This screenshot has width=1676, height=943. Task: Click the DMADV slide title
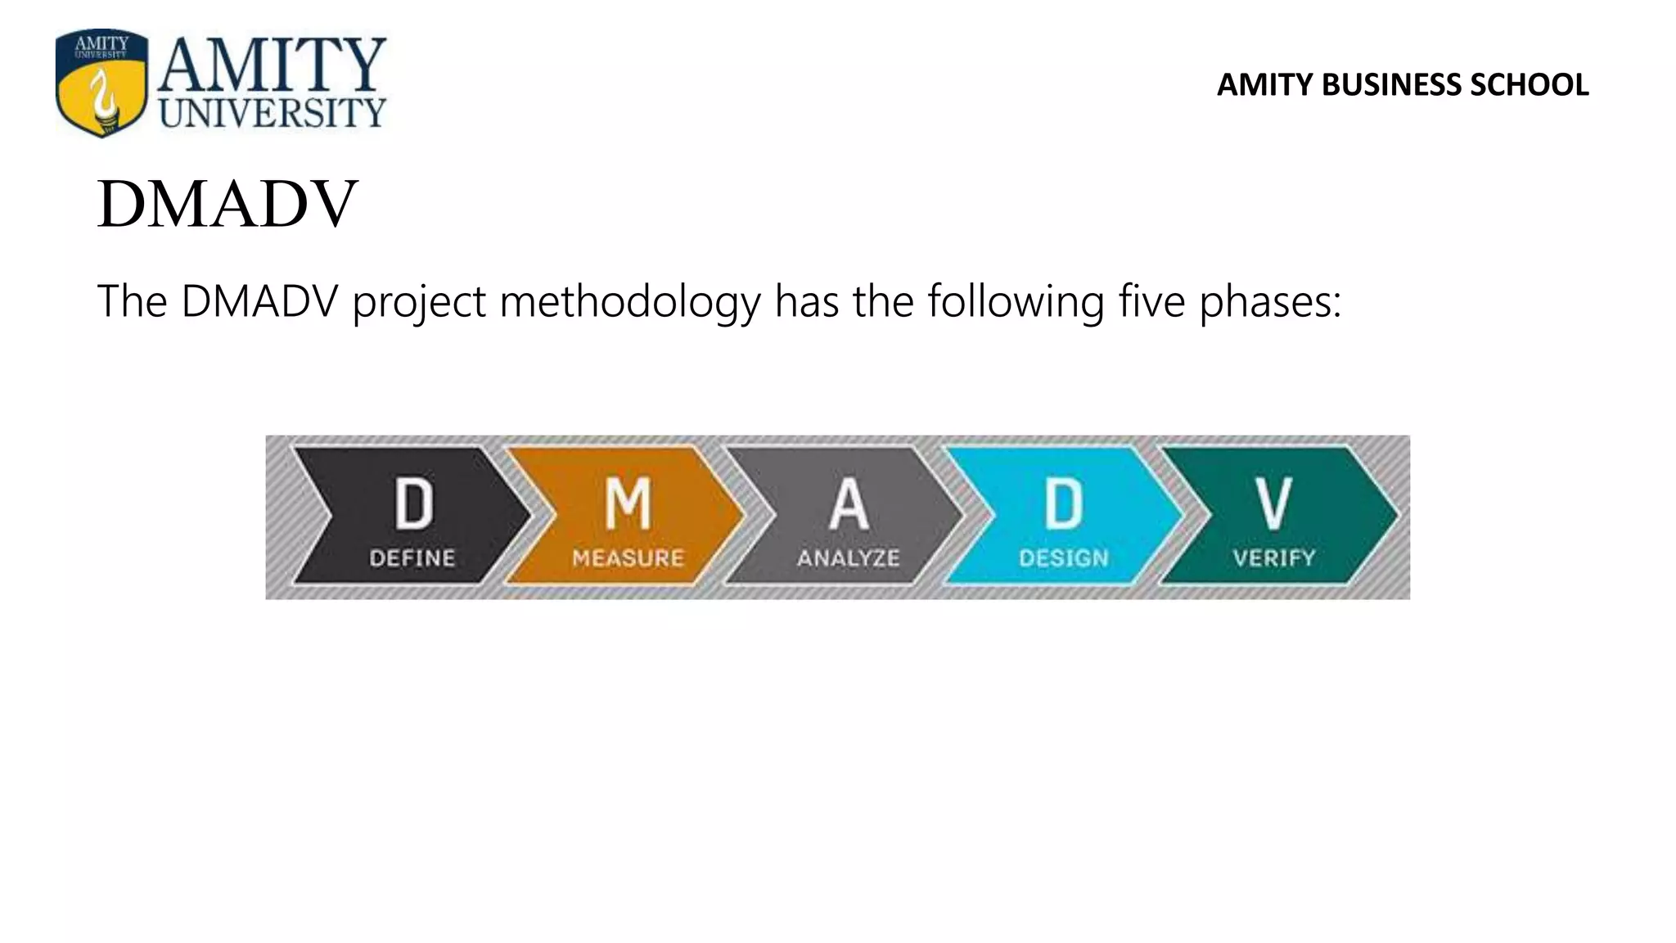coord(228,204)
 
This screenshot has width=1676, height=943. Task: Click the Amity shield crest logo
coord(101,83)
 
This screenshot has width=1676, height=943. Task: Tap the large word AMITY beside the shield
coord(272,66)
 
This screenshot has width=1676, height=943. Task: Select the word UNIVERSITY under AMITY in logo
coord(272,113)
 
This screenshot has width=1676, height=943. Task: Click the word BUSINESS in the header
coord(1391,85)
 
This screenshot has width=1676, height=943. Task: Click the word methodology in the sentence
coord(630,301)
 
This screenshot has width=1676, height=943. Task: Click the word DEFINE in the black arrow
coord(412,558)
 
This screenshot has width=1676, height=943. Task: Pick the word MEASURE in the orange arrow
coord(628,558)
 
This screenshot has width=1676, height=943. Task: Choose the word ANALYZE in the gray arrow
coord(849,558)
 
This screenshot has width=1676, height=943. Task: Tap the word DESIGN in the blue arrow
coord(1064,558)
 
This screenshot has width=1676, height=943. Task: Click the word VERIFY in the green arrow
coord(1274,558)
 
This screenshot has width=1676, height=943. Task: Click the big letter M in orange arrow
coord(628,503)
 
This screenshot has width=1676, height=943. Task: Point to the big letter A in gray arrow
coord(849,503)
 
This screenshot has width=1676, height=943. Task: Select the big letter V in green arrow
coord(1274,503)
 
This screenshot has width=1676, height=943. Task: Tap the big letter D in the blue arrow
coord(1064,503)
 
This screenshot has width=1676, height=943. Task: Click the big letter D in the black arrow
coord(413,503)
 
